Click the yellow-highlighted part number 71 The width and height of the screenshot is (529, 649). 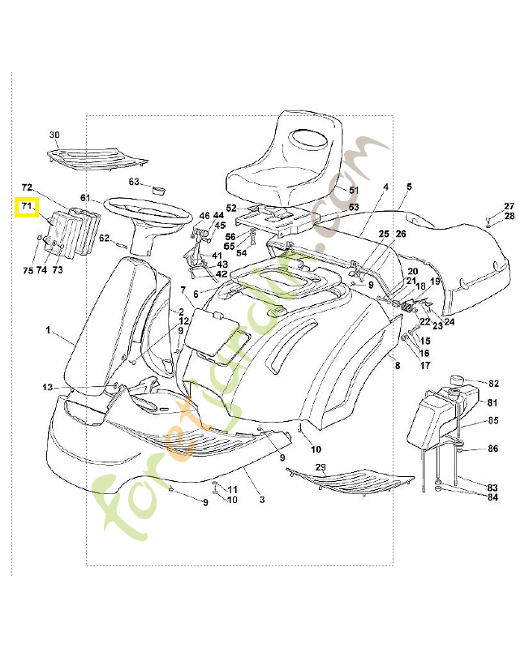click(27, 207)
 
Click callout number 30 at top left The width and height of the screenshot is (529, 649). click(54, 135)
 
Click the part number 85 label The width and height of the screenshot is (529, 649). click(492, 420)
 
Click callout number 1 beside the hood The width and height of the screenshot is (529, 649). click(47, 331)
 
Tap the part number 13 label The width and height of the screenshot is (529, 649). click(47, 387)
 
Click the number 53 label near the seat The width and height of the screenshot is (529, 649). click(353, 208)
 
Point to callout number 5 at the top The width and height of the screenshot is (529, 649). click(409, 187)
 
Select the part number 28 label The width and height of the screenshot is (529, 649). click(509, 216)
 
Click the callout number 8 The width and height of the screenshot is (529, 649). click(397, 367)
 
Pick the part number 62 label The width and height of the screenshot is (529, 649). click(104, 238)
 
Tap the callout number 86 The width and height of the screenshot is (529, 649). click(492, 449)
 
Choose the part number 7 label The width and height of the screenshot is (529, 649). click(183, 290)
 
